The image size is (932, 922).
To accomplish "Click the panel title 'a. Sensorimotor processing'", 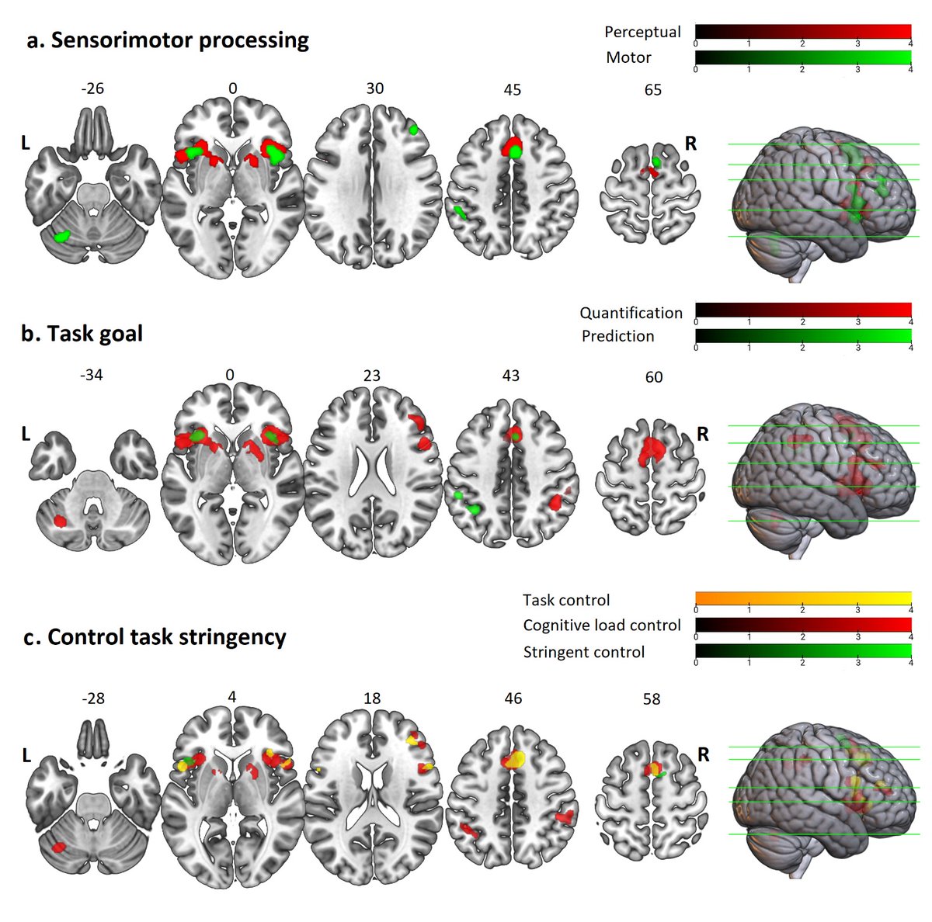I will point(168,40).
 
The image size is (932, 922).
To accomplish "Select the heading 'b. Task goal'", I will point(82,334).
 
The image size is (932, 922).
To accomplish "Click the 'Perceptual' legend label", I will point(642,32).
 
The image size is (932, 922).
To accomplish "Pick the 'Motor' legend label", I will point(628,57).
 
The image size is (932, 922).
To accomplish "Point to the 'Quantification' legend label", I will point(631,313).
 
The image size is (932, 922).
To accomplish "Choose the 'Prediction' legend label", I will point(617,336).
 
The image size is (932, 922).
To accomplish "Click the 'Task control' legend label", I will point(566,600).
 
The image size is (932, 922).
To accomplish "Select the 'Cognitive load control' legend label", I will point(601,626).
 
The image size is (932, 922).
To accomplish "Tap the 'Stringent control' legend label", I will point(583,652).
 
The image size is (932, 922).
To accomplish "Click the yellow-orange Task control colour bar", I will point(803,598).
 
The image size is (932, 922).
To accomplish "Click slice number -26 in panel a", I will point(92,88).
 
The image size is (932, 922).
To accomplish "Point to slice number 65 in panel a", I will point(653,90).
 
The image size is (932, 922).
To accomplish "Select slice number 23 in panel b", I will point(371,376).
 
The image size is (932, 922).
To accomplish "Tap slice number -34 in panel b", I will point(91,376).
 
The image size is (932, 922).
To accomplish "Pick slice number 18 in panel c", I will point(372,698).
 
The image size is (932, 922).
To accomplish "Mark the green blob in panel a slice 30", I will point(414,130).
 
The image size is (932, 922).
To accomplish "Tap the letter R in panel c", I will point(703,754).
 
